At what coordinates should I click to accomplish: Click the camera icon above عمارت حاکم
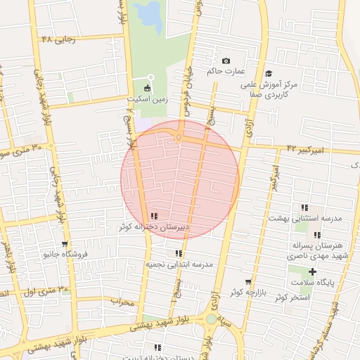(x=226, y=62)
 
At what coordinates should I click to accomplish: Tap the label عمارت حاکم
(x=225, y=72)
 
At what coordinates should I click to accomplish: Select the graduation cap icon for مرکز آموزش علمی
(x=269, y=74)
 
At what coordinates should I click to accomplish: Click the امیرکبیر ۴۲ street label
(x=304, y=149)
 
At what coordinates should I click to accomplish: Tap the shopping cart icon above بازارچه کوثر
(x=247, y=281)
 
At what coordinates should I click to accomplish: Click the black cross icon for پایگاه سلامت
(x=312, y=271)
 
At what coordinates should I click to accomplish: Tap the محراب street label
(x=122, y=301)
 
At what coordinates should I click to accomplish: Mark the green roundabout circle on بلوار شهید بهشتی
(x=212, y=319)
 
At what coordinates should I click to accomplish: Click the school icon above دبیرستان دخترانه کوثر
(x=153, y=216)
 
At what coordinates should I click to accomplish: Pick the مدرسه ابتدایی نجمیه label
(x=179, y=264)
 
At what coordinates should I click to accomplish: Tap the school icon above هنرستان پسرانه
(x=317, y=235)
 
